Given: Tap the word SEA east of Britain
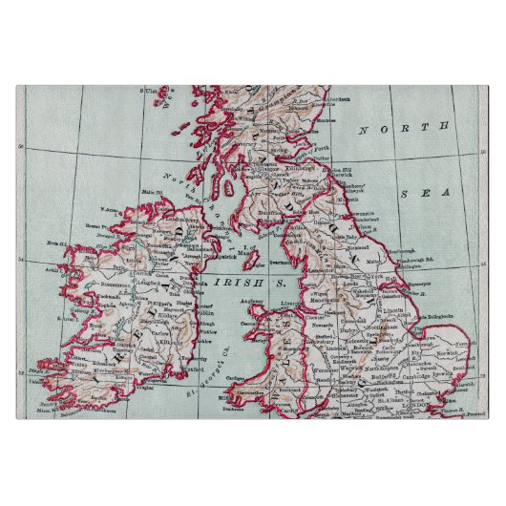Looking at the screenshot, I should click(417, 193).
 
